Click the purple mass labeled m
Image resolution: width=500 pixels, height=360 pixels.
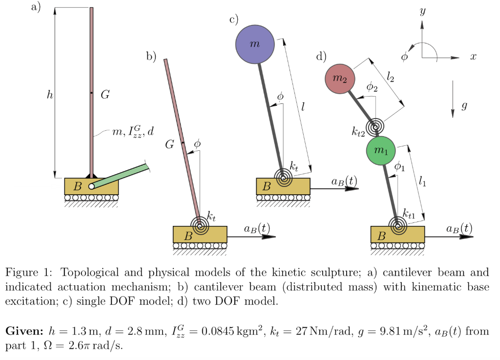pyautogui.click(x=255, y=44)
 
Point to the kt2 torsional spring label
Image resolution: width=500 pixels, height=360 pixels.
pyautogui.click(x=359, y=131)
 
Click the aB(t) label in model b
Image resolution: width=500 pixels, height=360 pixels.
pyautogui.click(x=257, y=228)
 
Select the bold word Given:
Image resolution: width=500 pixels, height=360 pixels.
pyautogui.click(x=23, y=331)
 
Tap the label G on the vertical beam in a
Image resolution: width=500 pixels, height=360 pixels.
pyautogui.click(x=105, y=95)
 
